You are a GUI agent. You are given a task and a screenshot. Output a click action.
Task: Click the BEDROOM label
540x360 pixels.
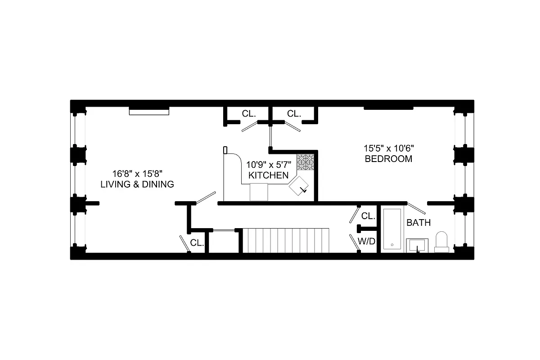click(x=388, y=159)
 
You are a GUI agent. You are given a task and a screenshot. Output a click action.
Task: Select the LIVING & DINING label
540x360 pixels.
click(x=137, y=184)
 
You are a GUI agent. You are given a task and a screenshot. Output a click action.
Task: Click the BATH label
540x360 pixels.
click(x=418, y=222)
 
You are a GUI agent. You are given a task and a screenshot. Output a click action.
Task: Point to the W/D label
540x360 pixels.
click(x=367, y=241)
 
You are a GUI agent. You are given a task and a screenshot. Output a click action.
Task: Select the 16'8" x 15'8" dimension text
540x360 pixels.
click(x=137, y=173)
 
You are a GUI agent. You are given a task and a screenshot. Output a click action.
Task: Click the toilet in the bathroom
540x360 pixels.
click(x=441, y=242)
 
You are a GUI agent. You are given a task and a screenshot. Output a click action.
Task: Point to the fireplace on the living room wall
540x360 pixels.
click(x=149, y=111)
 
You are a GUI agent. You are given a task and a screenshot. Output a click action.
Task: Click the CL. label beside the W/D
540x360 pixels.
click(x=368, y=216)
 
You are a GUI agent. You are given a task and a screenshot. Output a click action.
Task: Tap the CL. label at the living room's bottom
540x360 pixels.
click(x=197, y=243)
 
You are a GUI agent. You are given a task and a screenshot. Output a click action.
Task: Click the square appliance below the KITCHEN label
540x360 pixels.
click(x=259, y=192)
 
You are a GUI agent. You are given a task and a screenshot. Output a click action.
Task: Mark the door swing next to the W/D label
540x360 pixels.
click(x=355, y=242)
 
